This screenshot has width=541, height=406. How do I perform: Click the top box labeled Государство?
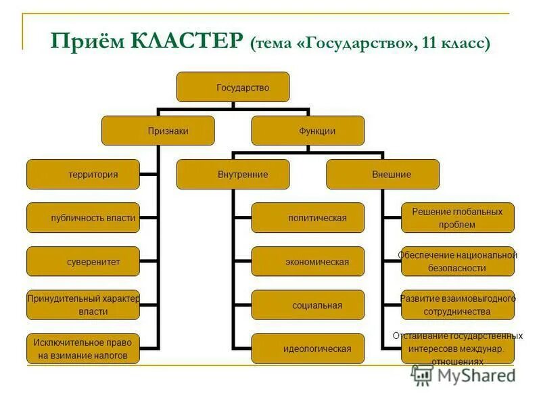point(233,87)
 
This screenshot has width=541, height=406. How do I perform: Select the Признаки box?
point(158,131)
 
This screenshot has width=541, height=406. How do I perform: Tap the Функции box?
point(308,131)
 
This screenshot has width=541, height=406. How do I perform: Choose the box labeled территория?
point(83,175)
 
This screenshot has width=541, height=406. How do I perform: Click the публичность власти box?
point(83,218)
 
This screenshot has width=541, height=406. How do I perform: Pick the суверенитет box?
point(83,262)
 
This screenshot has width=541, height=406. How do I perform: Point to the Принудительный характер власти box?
point(83,305)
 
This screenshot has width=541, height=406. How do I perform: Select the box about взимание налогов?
point(83,348)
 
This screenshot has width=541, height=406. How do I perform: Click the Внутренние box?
point(233,175)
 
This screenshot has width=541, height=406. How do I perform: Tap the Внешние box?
point(383,175)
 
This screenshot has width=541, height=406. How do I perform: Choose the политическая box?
point(308,218)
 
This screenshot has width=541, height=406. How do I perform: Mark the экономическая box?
point(308,262)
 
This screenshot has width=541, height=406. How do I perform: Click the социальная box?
point(308,305)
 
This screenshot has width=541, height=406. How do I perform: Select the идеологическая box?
point(308,348)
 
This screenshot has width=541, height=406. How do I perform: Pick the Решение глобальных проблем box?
point(458,218)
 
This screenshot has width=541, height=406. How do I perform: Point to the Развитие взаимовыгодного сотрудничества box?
point(458,305)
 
